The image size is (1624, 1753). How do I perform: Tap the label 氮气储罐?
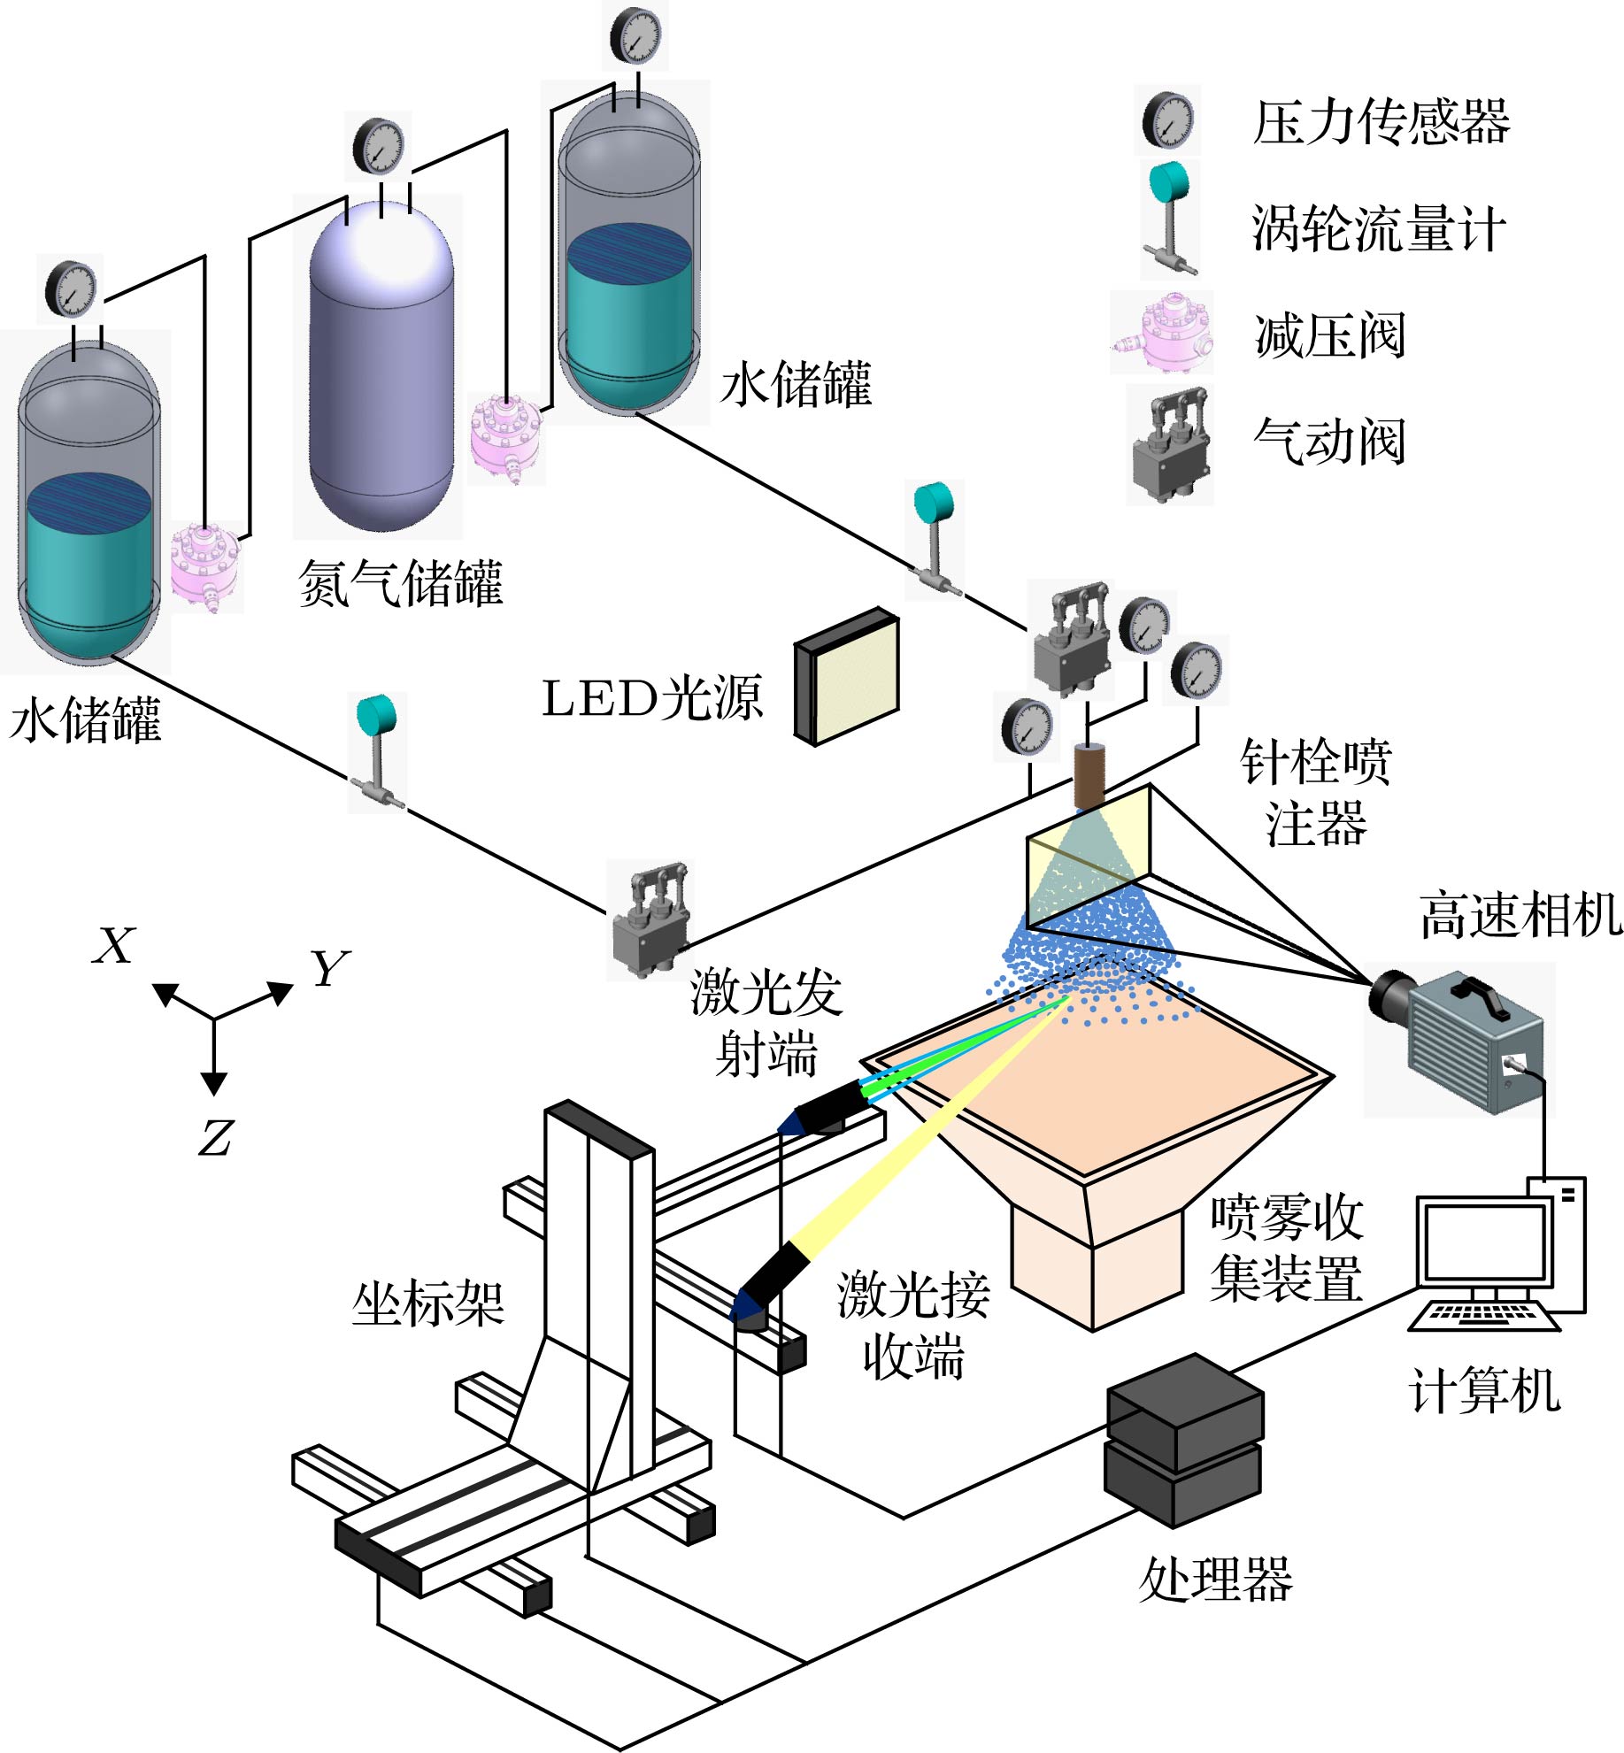[x=401, y=584]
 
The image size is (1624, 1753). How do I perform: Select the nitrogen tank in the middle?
[x=381, y=372]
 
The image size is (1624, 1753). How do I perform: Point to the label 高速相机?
[x=1520, y=915]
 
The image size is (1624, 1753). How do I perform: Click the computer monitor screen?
[x=1485, y=1241]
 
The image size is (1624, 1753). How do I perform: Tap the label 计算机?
[x=1485, y=1390]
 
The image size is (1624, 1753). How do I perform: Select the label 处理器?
[x=1215, y=1580]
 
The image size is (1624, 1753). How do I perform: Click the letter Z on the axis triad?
[x=215, y=1137]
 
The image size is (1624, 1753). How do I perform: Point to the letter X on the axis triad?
[x=114, y=945]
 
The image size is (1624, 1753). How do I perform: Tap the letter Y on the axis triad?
[x=329, y=968]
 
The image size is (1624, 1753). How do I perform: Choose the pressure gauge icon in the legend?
[x=1167, y=119]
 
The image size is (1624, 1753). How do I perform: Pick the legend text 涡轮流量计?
[x=1377, y=228]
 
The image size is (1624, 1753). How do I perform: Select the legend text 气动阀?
[x=1329, y=441]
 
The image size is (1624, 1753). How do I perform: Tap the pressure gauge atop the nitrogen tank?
[x=378, y=147]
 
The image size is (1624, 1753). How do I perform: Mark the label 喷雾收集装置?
[x=1286, y=1248]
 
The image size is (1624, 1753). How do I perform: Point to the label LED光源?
[x=651, y=699]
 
